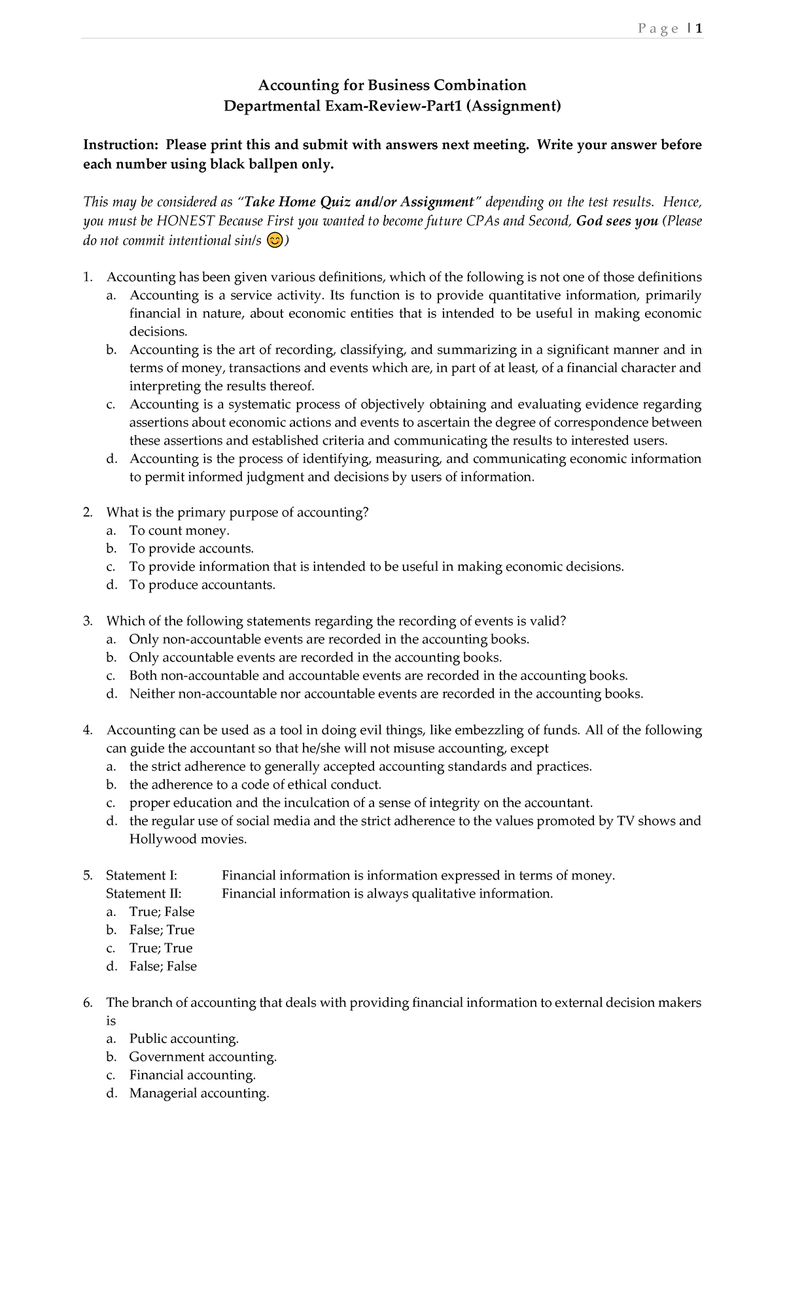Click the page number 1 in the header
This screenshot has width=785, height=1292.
(x=699, y=29)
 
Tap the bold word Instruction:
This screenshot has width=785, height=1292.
(x=120, y=144)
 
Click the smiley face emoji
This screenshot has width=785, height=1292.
(x=275, y=241)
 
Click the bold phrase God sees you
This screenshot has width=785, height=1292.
(x=617, y=221)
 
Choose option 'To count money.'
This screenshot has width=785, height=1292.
(x=179, y=530)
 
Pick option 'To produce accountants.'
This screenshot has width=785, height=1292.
(x=202, y=585)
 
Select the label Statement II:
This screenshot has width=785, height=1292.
(x=144, y=894)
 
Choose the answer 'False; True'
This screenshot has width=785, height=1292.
(x=162, y=930)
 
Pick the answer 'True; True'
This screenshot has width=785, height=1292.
(x=161, y=948)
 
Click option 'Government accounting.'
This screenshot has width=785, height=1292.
(x=203, y=1057)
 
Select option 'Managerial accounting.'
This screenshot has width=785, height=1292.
(x=199, y=1093)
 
